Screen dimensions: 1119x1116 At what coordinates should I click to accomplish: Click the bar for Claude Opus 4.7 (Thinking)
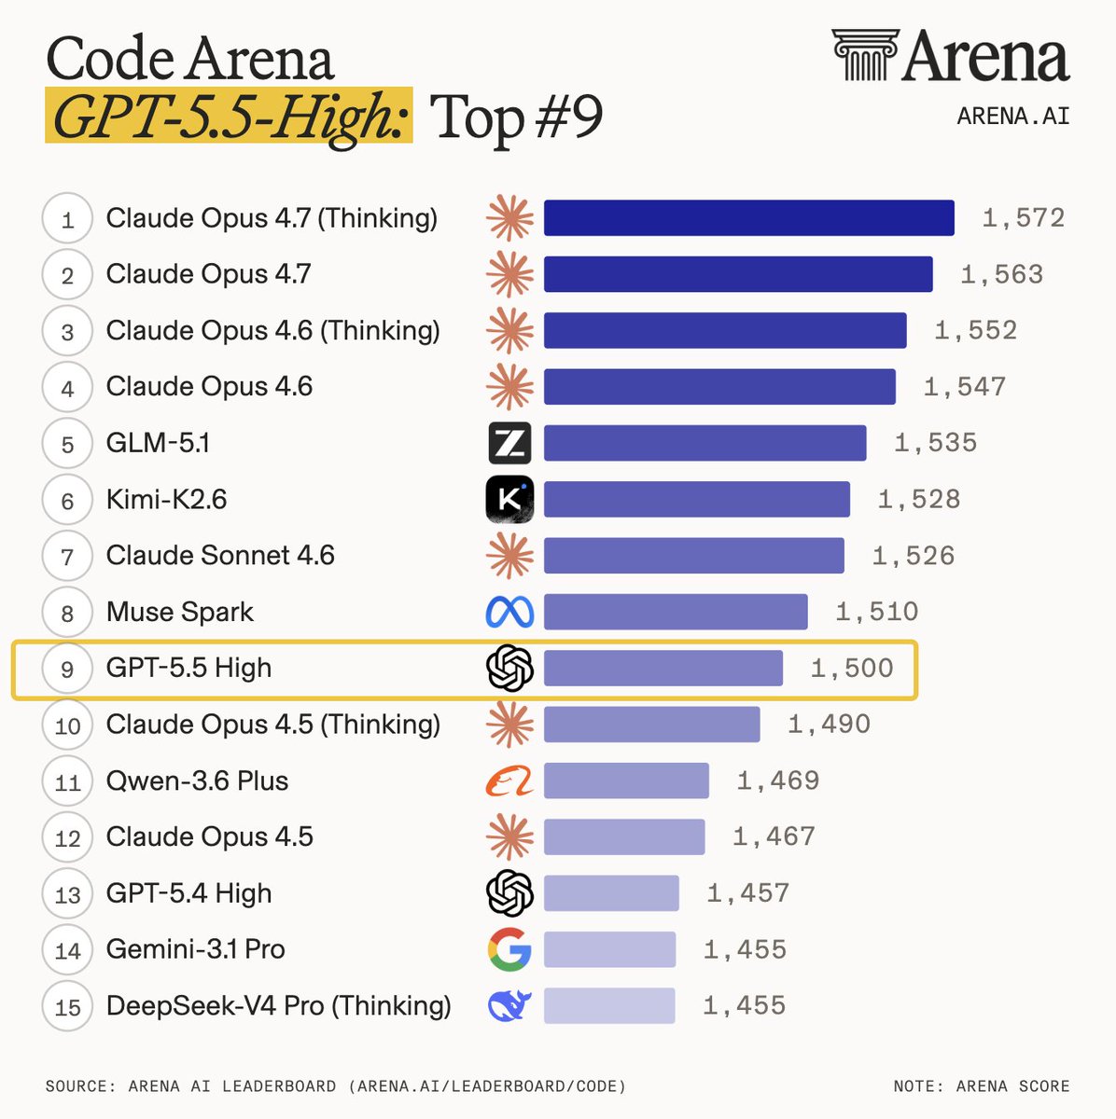(x=748, y=218)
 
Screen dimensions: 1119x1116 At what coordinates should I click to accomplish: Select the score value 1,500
(x=852, y=669)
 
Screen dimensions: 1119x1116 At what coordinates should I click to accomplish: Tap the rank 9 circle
(x=67, y=670)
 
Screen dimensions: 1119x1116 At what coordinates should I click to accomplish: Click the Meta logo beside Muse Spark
(x=509, y=612)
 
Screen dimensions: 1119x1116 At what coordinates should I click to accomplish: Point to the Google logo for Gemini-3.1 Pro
(x=509, y=949)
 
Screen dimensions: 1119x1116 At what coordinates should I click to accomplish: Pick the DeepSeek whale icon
(x=509, y=1006)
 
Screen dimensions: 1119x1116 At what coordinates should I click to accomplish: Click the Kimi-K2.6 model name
(x=166, y=500)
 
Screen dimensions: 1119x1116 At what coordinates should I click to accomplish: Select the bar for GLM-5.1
(x=704, y=443)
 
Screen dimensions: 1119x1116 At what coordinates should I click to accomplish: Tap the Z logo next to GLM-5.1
(x=509, y=443)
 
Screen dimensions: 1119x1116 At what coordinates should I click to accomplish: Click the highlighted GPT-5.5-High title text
(x=229, y=117)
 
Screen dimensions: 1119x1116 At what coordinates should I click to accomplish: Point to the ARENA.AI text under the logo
(x=1013, y=117)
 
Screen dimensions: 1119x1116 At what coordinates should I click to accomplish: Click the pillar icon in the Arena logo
(x=865, y=55)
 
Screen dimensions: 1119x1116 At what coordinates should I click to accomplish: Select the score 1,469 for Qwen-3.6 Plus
(x=778, y=781)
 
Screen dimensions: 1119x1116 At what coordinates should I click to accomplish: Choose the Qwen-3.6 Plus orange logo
(x=509, y=781)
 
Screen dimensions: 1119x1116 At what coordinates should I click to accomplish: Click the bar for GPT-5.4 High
(x=611, y=893)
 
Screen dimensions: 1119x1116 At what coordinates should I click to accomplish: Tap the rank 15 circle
(x=67, y=1007)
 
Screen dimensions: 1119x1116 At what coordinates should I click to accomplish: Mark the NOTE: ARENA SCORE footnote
(x=981, y=1086)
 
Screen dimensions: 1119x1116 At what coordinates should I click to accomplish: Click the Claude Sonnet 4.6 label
(x=220, y=556)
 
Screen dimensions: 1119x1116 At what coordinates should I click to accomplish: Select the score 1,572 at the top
(x=1023, y=218)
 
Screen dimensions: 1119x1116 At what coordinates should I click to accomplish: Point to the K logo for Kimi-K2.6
(x=509, y=500)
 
